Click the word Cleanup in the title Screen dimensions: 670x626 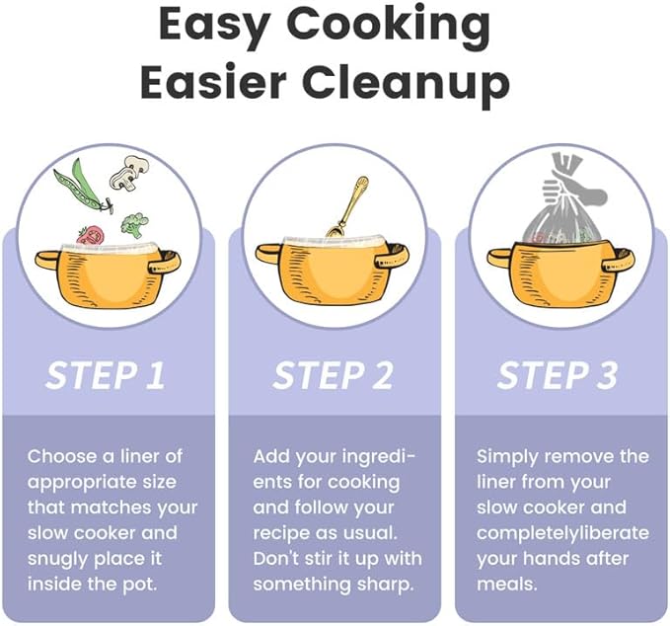coord(407,84)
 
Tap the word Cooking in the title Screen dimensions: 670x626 coord(392,26)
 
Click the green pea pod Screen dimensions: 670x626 coord(81,187)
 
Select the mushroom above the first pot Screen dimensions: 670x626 coord(129,173)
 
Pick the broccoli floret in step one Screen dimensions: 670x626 coord(134,225)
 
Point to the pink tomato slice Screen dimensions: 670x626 coord(91,236)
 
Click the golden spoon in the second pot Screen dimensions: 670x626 coord(347,207)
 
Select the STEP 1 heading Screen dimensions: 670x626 coord(106,376)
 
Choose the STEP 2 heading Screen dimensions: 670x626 coord(334,376)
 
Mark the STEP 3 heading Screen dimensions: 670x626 coord(558,376)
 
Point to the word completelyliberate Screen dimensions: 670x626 coord(562,533)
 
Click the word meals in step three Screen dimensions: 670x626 coord(507,585)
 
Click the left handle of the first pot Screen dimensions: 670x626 coord(47,260)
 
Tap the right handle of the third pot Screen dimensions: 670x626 coord(619,261)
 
